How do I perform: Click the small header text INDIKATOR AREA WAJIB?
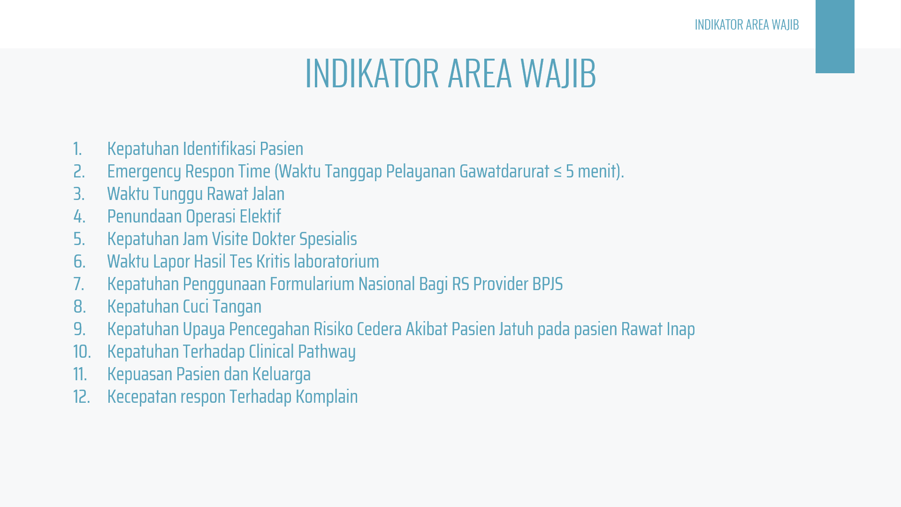(x=747, y=24)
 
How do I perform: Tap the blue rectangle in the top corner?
(x=835, y=37)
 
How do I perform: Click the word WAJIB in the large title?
(x=558, y=73)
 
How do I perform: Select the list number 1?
(x=77, y=149)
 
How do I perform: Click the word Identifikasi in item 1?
(x=219, y=148)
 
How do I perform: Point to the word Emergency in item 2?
(x=144, y=172)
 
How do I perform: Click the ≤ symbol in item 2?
(x=557, y=172)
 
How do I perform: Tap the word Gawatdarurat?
(x=504, y=171)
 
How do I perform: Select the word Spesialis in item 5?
(x=328, y=239)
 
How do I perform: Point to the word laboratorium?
(x=336, y=261)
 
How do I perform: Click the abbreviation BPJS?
(x=548, y=284)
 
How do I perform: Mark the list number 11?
(x=80, y=374)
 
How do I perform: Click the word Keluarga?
(x=282, y=375)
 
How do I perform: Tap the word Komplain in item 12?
(x=327, y=397)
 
